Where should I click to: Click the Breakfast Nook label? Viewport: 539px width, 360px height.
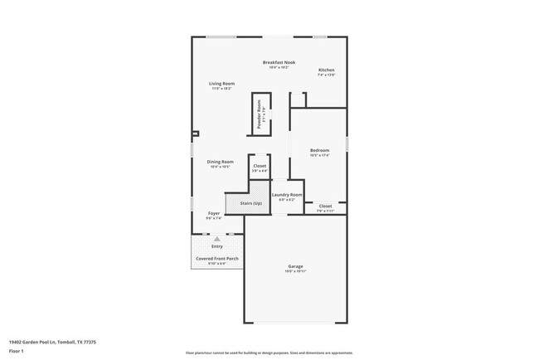(279, 63)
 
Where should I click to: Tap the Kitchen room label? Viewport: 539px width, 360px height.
(326, 70)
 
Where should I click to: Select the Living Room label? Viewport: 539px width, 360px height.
(221, 83)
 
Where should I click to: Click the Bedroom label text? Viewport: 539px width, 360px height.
(319, 150)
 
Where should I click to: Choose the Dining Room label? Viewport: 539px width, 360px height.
(221, 162)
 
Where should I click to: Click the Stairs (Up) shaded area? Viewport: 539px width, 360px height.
(246, 203)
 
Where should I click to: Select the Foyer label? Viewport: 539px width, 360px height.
(213, 214)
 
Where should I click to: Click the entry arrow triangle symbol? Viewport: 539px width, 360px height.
(217, 238)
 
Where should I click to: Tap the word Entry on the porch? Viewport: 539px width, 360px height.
(217, 246)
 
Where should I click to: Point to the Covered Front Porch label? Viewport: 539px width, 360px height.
(216, 259)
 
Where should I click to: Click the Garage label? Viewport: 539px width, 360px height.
(296, 266)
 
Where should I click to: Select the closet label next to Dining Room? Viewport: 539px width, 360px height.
(260, 166)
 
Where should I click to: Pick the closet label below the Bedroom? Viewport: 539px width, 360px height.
(325, 206)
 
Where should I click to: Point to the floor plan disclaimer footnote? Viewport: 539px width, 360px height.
(269, 353)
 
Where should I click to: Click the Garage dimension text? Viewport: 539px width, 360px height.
(296, 271)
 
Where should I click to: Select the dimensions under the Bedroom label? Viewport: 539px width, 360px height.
(319, 155)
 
